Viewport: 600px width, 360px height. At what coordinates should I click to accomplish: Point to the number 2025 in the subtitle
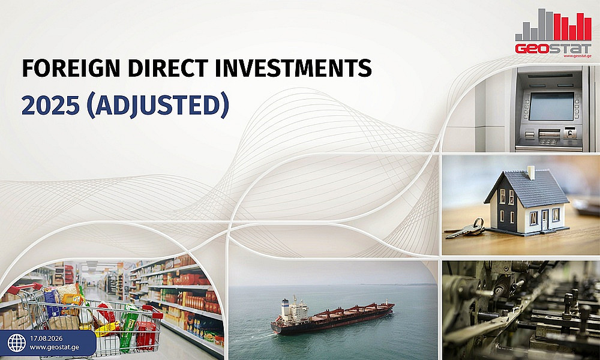pyautogui.click(x=50, y=105)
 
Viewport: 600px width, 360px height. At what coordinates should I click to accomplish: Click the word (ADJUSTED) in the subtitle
pyautogui.click(x=158, y=105)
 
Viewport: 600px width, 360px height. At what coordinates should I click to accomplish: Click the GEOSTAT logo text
pyautogui.click(x=553, y=49)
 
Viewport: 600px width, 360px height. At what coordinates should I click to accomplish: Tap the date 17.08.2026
pyautogui.click(x=46, y=338)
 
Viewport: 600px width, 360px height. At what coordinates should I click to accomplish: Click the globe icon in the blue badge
pyautogui.click(x=17, y=343)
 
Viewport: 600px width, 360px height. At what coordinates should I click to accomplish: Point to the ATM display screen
pyautogui.click(x=551, y=106)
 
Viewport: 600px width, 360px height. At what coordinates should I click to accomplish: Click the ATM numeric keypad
pyautogui.click(x=548, y=142)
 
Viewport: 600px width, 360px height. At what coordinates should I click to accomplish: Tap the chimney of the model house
pyautogui.click(x=531, y=173)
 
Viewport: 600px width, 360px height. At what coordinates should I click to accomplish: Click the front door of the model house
pyautogui.click(x=545, y=220)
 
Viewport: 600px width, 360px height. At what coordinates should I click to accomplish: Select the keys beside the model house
pyautogui.click(x=466, y=229)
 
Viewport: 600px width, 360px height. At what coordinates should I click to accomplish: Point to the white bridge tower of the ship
pyautogui.click(x=285, y=309)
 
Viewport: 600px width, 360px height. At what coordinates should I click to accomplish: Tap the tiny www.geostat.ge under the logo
pyautogui.click(x=577, y=56)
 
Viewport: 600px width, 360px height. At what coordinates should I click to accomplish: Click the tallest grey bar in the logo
pyautogui.click(x=541, y=25)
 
